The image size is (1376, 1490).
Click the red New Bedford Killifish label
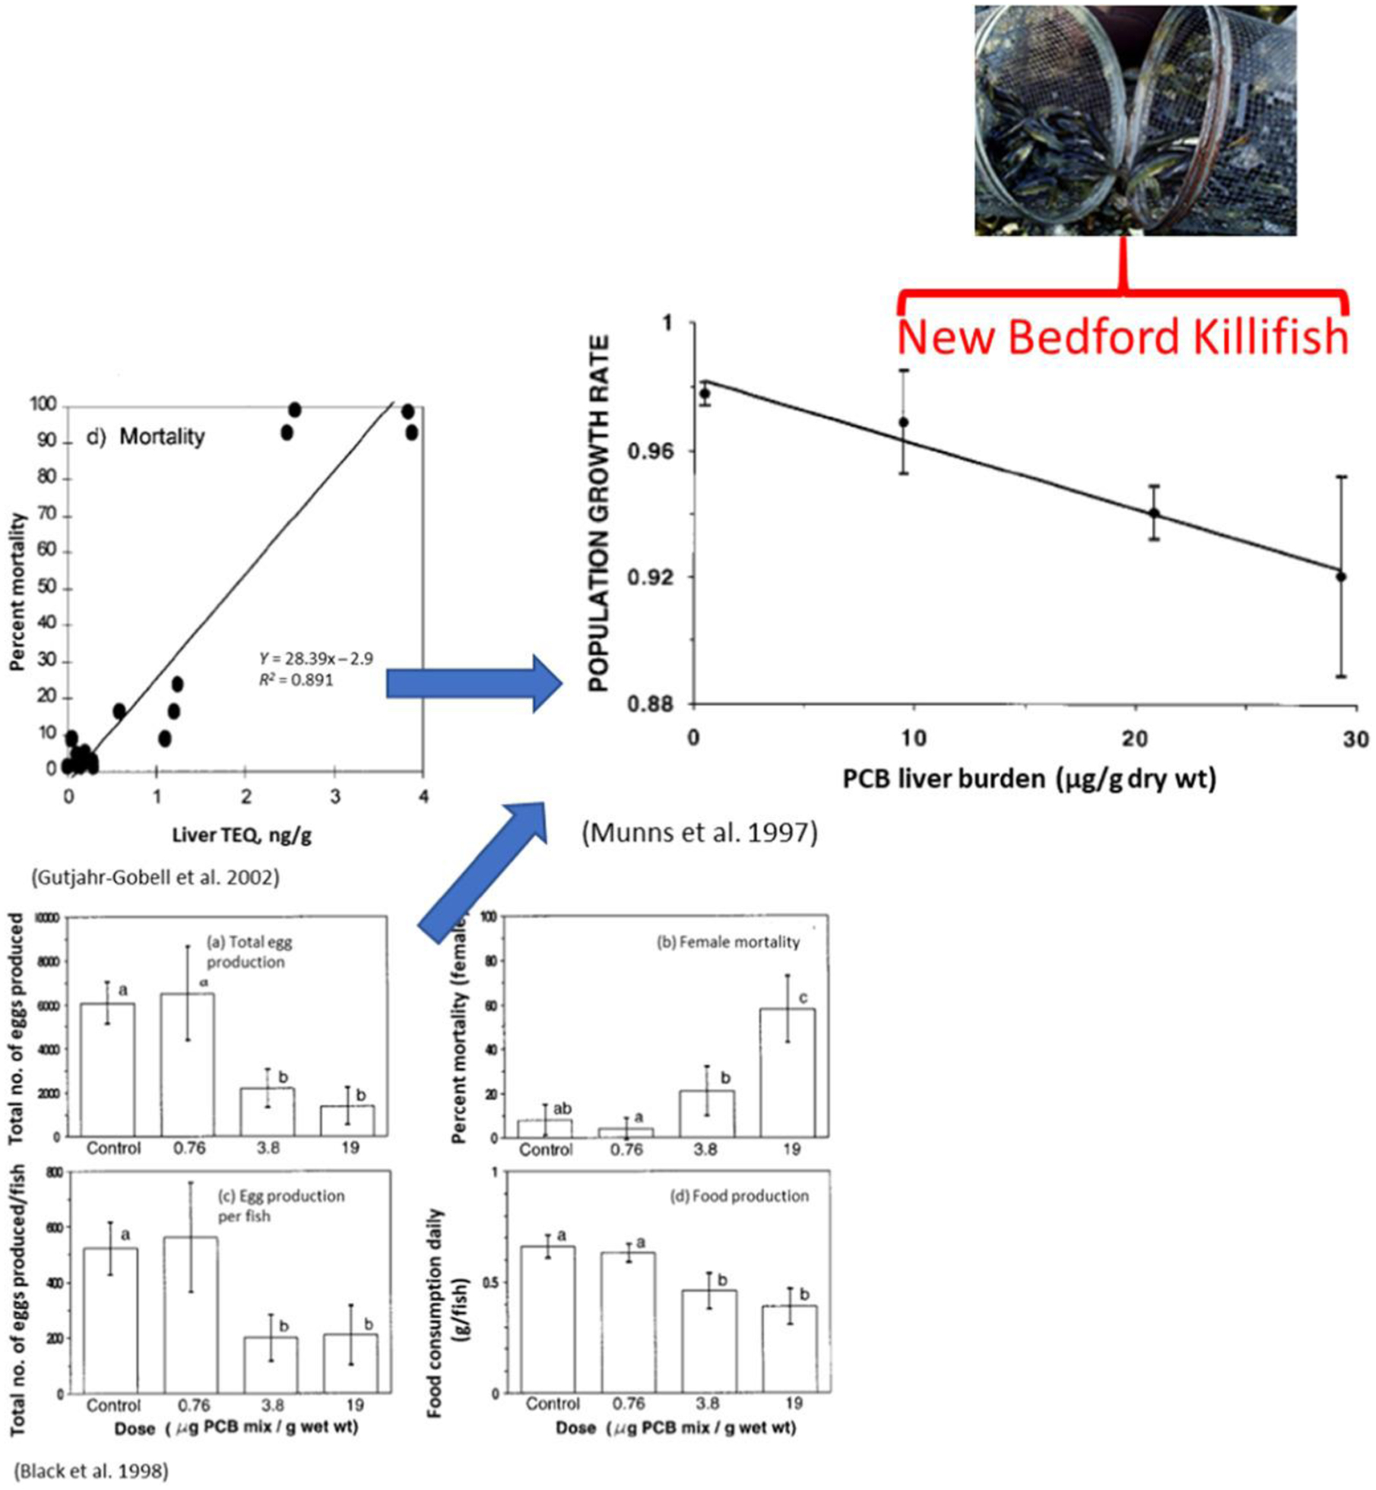pyautogui.click(x=1122, y=337)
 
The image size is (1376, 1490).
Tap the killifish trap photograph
pyautogui.click(x=1135, y=120)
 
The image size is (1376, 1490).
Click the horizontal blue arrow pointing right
pyautogui.click(x=474, y=683)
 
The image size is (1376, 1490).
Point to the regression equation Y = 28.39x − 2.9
pyautogui.click(x=315, y=658)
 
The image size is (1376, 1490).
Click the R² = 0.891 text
pyautogui.click(x=296, y=679)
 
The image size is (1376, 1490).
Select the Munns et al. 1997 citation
pyautogui.click(x=699, y=833)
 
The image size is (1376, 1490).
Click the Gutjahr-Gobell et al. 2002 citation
pyautogui.click(x=155, y=877)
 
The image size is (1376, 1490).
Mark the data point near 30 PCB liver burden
pyautogui.click(x=1341, y=577)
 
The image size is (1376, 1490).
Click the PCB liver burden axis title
pyautogui.click(x=1029, y=779)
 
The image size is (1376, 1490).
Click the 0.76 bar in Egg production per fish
pyautogui.click(x=191, y=1315)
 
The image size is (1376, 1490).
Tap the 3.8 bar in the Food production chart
pyautogui.click(x=709, y=1342)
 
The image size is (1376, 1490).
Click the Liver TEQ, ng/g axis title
pyautogui.click(x=242, y=835)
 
